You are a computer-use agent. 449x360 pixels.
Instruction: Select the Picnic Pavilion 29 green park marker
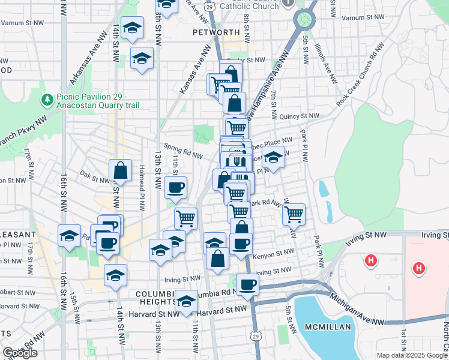46,98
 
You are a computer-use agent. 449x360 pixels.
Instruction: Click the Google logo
20,353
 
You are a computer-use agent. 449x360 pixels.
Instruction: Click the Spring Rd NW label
182,150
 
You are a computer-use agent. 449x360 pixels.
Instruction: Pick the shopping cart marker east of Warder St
294,214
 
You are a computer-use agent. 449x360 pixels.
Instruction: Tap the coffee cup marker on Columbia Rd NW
247,284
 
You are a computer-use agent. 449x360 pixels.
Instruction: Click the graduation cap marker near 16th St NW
70,235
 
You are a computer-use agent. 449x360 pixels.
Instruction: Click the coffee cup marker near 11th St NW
175,187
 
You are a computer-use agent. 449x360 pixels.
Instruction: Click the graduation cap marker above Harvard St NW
187,301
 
